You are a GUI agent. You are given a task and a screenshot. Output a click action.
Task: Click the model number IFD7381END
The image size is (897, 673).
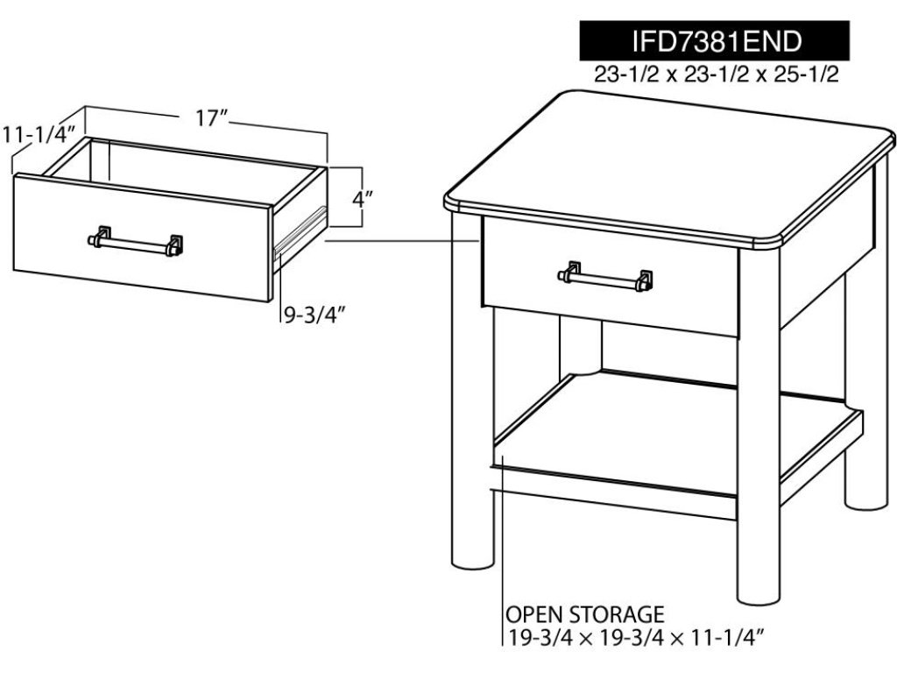[717, 40]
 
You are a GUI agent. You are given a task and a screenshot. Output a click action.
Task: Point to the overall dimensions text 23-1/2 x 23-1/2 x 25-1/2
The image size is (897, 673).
[717, 74]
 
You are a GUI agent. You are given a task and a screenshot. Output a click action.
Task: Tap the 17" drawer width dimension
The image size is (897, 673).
[212, 118]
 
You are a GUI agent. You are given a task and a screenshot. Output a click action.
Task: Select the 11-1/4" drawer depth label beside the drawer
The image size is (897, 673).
[39, 134]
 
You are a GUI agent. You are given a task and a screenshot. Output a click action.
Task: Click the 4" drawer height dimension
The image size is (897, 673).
[363, 199]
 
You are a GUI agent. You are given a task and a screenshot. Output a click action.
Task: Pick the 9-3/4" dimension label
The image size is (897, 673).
[314, 315]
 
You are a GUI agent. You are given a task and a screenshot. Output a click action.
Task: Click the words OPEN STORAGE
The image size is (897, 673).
[584, 614]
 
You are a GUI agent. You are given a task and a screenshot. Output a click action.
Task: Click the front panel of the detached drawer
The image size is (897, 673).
[142, 237]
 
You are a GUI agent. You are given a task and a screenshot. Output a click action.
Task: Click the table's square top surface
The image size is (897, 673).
[669, 169]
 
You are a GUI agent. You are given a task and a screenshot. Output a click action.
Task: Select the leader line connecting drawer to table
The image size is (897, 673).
[402, 242]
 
